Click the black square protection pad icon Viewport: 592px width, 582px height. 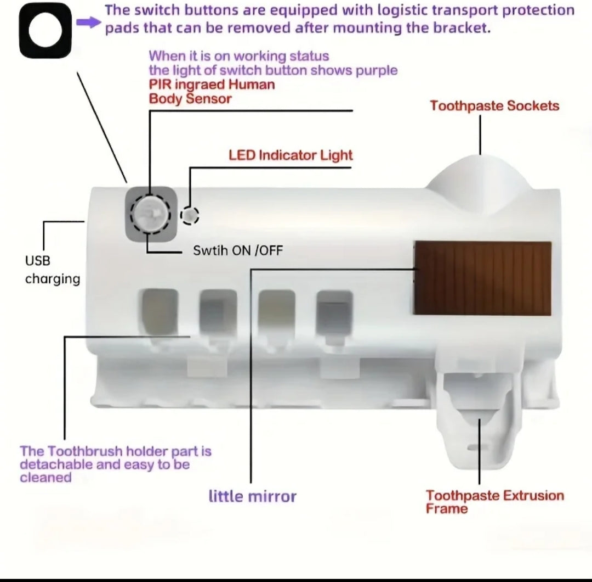coord(45,31)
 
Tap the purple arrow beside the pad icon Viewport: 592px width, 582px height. coord(89,23)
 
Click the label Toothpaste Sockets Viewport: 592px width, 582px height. coord(494,106)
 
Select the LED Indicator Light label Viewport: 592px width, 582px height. coord(291,155)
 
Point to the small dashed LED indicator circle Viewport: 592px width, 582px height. coord(190,216)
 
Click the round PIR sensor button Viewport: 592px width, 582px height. coord(151,215)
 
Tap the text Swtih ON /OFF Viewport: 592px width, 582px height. coord(238,250)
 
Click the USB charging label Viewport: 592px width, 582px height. coord(53,270)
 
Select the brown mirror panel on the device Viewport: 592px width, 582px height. coord(482,278)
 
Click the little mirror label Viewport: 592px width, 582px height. coord(253,496)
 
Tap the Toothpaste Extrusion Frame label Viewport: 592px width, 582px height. coord(494,502)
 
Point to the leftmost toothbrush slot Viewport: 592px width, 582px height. coord(160,312)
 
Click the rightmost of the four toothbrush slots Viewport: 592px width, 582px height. coord(334,314)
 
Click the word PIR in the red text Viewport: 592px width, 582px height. coord(160,85)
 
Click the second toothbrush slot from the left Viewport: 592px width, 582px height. coord(218,313)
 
